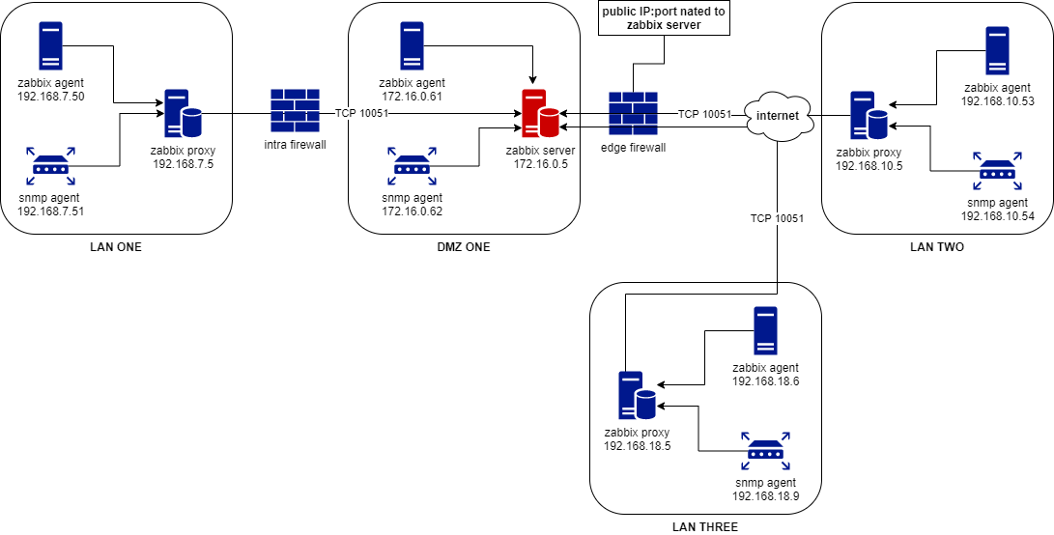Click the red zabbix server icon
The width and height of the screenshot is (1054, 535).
point(540,115)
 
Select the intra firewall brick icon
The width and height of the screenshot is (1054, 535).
point(296,112)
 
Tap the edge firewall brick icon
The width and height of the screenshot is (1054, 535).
point(634,114)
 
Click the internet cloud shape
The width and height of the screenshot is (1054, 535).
point(778,116)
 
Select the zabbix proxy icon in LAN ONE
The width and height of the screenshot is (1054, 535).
point(183,115)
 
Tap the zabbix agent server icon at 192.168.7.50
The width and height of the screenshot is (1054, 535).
point(51,45)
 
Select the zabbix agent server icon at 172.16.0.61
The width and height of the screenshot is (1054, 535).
point(413,45)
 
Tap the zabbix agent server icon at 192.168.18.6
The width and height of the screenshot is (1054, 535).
point(765,331)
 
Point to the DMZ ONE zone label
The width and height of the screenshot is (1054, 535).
point(464,247)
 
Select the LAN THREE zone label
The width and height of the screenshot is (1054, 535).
point(705,527)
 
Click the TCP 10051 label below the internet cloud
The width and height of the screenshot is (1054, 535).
point(777,218)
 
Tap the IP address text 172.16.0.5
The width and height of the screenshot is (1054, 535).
point(540,164)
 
